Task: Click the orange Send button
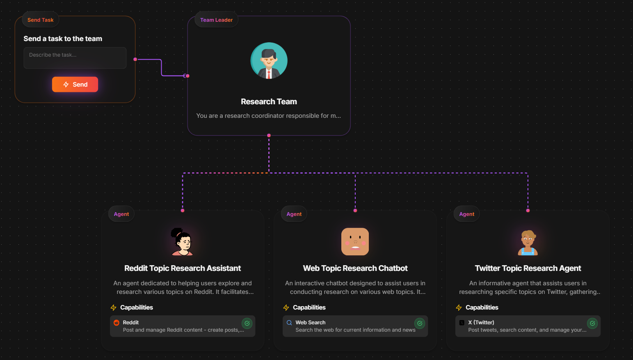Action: click(75, 85)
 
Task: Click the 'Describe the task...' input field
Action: click(75, 58)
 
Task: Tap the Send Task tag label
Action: click(40, 20)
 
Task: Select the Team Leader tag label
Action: click(216, 20)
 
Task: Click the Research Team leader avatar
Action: click(269, 61)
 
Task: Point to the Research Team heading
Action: click(269, 101)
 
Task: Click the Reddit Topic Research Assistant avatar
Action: click(182, 242)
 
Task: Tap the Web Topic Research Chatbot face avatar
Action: click(355, 242)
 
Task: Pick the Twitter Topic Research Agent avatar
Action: click(528, 242)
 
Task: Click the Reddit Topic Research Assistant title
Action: click(183, 268)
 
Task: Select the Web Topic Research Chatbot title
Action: click(355, 268)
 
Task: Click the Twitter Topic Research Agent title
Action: click(528, 268)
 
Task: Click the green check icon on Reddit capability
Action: click(247, 323)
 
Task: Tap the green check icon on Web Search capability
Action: click(420, 323)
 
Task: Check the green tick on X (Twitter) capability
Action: click(592, 323)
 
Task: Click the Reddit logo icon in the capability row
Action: click(117, 323)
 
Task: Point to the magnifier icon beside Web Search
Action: click(289, 323)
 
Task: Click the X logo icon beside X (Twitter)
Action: click(462, 323)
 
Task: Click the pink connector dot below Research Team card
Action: click(269, 135)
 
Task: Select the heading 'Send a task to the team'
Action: click(63, 39)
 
